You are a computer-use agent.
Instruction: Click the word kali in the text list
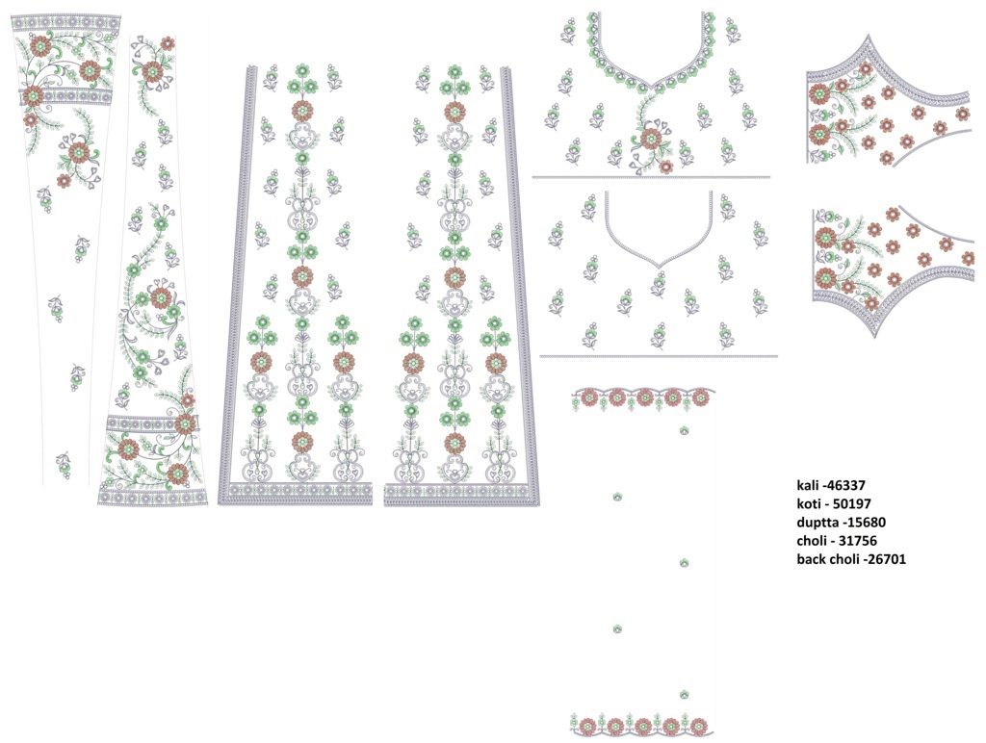pyautogui.click(x=808, y=485)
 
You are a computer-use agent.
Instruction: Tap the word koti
pyautogui.click(x=808, y=503)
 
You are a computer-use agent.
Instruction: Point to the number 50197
pyautogui.click(x=851, y=503)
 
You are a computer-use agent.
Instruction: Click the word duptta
pyautogui.click(x=817, y=523)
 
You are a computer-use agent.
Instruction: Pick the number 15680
pyautogui.click(x=866, y=523)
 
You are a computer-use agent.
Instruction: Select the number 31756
pyautogui.click(x=857, y=541)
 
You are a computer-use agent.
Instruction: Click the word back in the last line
pyautogui.click(x=811, y=559)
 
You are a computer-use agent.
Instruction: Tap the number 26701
pyautogui.click(x=887, y=559)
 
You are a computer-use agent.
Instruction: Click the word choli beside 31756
pyautogui.click(x=811, y=541)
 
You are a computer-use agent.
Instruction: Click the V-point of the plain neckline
pyautogui.click(x=659, y=269)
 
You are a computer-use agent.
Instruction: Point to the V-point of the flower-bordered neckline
pyautogui.click(x=654, y=85)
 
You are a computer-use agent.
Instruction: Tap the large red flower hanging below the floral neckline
pyautogui.click(x=651, y=138)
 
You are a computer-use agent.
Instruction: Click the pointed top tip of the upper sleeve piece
pyautogui.click(x=870, y=36)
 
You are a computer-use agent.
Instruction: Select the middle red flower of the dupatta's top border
pyautogui.click(x=644, y=397)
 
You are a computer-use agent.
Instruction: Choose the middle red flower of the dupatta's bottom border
pyautogui.click(x=642, y=726)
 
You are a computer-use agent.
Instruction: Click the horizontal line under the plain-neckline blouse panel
pyautogui.click(x=659, y=356)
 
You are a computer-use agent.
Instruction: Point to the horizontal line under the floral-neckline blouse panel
pyautogui.click(x=651, y=177)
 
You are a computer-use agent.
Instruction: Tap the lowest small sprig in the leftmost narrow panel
pyautogui.click(x=64, y=465)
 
